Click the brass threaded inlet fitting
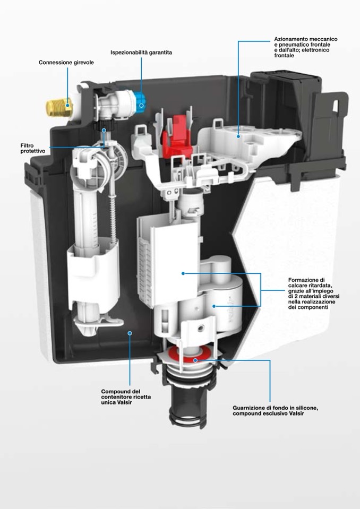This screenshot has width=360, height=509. [x=59, y=107]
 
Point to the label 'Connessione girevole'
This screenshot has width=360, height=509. [x=66, y=62]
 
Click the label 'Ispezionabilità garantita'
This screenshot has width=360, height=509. [x=141, y=52]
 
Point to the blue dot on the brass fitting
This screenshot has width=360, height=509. [x=68, y=105]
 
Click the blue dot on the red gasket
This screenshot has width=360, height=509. [x=195, y=360]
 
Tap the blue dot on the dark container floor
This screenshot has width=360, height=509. [x=130, y=333]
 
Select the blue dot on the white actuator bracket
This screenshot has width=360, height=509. [x=238, y=136]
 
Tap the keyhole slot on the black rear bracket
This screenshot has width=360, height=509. [x=336, y=106]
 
